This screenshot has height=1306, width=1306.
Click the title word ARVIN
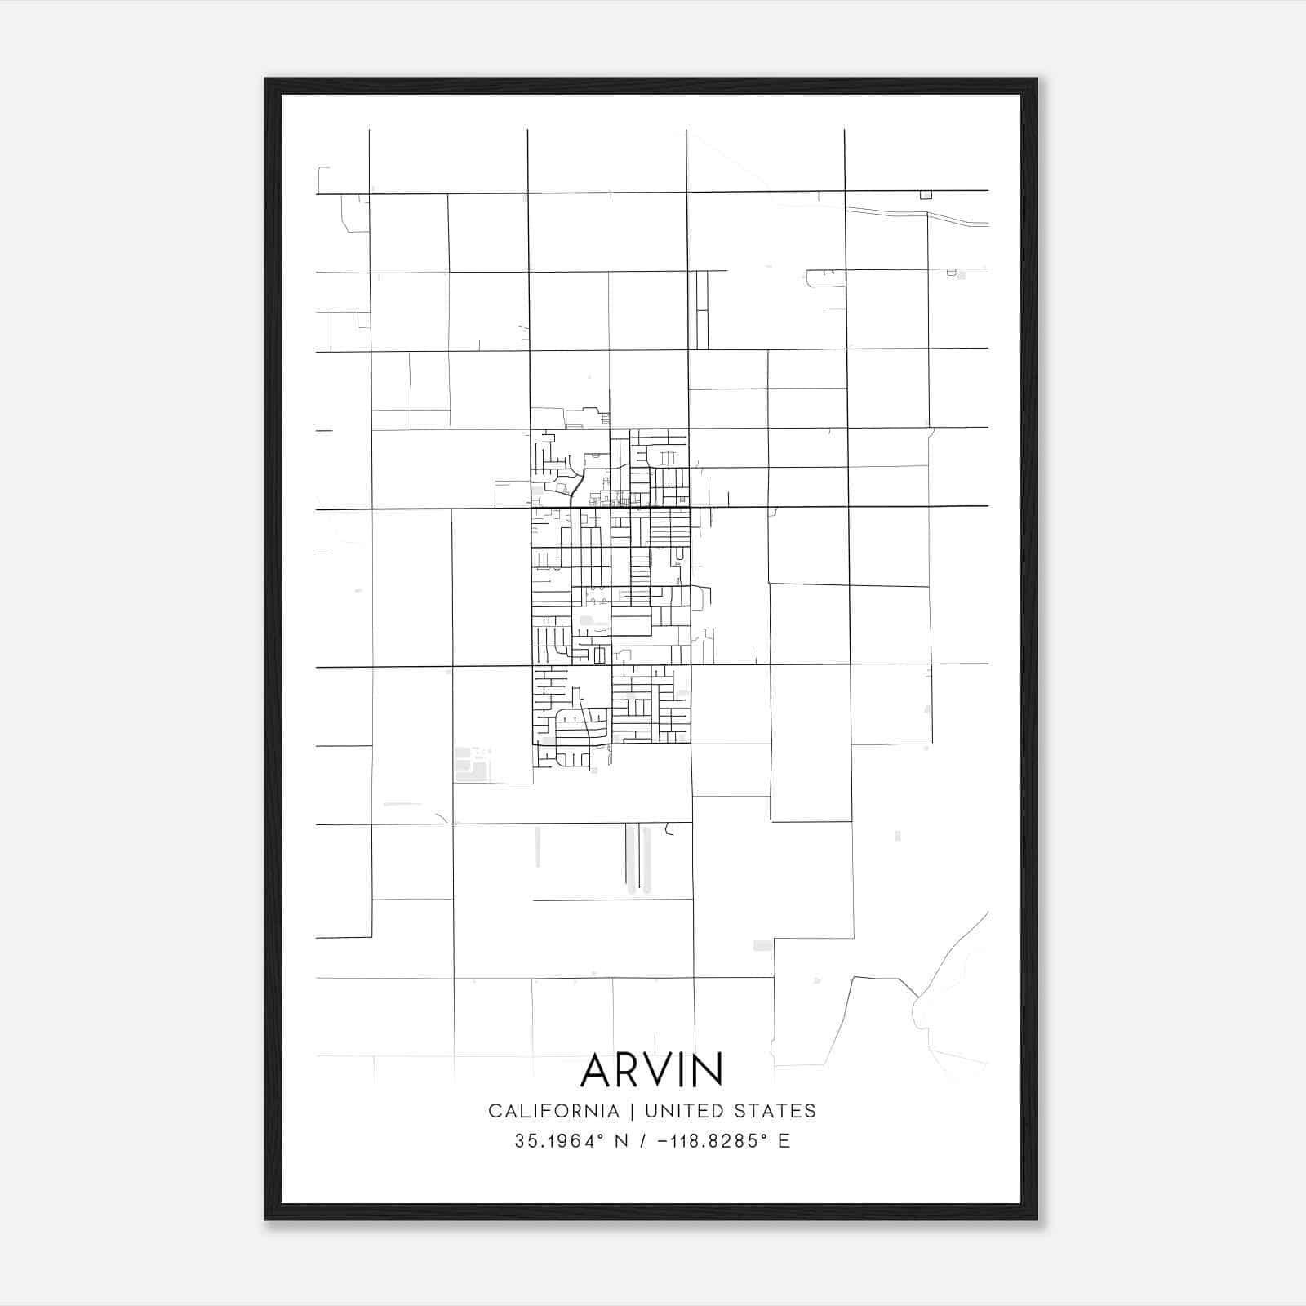point(651,1070)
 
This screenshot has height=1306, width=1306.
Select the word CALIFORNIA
point(553,1111)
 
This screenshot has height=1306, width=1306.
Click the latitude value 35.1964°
point(561,1141)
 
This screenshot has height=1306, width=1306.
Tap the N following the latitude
point(621,1141)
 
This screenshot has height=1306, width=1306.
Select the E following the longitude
point(784,1141)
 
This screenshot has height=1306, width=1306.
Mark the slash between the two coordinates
point(642,1141)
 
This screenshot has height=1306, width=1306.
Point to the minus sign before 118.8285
point(662,1141)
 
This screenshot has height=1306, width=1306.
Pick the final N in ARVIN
point(709,1070)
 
